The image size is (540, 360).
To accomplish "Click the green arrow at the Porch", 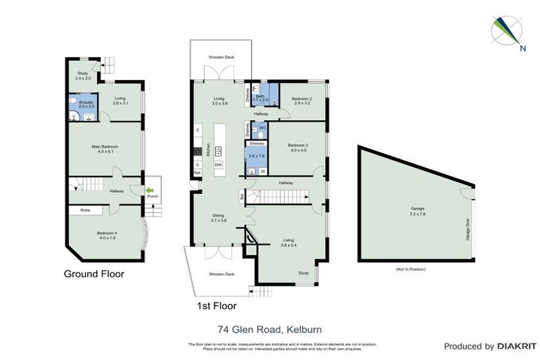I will (149, 190).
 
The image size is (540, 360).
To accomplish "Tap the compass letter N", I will (522, 49).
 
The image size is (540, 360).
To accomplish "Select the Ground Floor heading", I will (94, 274).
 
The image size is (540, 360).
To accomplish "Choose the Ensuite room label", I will (85, 102).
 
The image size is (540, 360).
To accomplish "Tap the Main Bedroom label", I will (104, 146).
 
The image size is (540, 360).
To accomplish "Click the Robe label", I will (85, 210).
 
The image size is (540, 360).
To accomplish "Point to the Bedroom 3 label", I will (297, 146).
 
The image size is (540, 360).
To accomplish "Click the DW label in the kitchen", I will (218, 165).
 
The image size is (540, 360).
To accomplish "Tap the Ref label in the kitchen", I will (197, 172).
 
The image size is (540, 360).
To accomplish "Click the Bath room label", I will (260, 96).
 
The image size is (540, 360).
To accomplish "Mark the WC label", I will (262, 128).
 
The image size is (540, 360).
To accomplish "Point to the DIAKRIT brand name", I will (517, 347).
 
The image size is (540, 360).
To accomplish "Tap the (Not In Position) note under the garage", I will (411, 269).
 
